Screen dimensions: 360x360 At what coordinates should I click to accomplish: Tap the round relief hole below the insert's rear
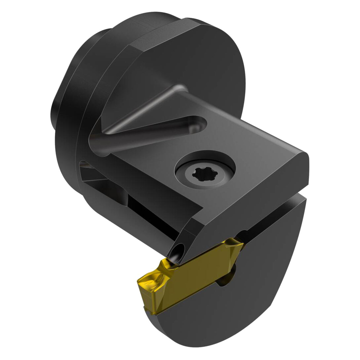point(222,281)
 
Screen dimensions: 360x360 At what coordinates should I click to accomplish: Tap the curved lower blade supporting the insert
point(253,287)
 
